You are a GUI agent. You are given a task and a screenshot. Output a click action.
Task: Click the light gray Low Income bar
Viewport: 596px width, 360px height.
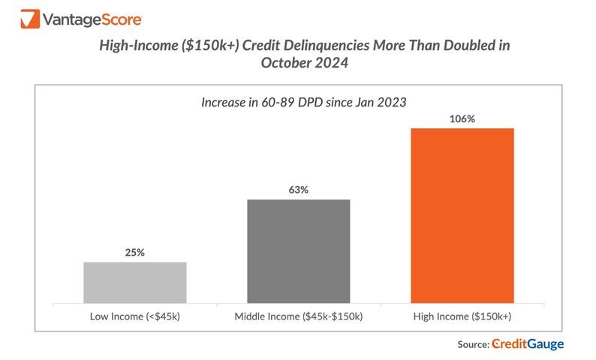coord(135,283)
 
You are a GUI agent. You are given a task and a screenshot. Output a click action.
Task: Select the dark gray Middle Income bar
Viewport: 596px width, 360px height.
coord(298,251)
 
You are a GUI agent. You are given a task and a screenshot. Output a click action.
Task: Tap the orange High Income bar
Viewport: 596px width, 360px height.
coord(462,216)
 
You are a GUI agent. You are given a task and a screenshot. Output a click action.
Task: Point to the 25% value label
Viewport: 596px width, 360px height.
coord(135,253)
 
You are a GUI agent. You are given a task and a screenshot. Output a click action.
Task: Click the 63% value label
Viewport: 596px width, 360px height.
coord(298,190)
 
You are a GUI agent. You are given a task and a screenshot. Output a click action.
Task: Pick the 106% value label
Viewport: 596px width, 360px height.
coord(462,118)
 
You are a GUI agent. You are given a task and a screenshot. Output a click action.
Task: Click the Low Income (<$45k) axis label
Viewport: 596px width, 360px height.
coord(135,316)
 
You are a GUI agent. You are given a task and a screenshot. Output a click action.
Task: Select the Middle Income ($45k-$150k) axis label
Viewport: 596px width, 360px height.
coord(298,316)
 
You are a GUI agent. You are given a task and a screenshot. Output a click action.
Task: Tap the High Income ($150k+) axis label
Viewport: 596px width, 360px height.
coord(462,316)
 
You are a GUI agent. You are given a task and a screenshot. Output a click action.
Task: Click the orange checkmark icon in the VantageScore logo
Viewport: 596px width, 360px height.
coord(31,18)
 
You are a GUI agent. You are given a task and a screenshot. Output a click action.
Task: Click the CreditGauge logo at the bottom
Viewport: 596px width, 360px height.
coord(528,344)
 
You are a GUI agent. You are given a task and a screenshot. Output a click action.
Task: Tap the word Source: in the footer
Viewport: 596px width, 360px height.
coord(472,344)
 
